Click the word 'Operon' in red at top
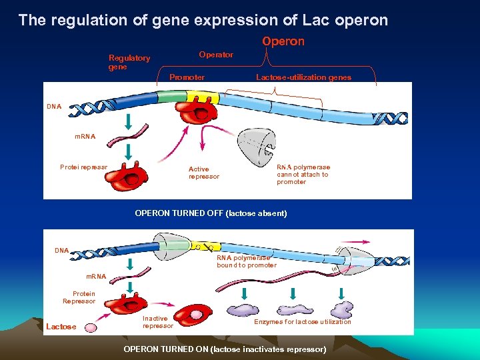[283, 41]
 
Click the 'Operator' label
[216, 55]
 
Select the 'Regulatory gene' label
[129, 63]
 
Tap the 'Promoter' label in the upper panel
[187, 77]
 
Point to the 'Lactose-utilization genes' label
[303, 77]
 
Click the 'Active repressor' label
[203, 173]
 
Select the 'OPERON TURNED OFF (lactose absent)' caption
[211, 213]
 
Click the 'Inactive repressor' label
[157, 322]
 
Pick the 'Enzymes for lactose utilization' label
[302, 322]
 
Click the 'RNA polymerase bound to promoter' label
[246, 261]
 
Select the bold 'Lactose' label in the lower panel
[61, 327]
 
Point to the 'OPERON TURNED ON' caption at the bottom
[225, 349]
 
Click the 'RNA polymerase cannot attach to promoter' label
[303, 175]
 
